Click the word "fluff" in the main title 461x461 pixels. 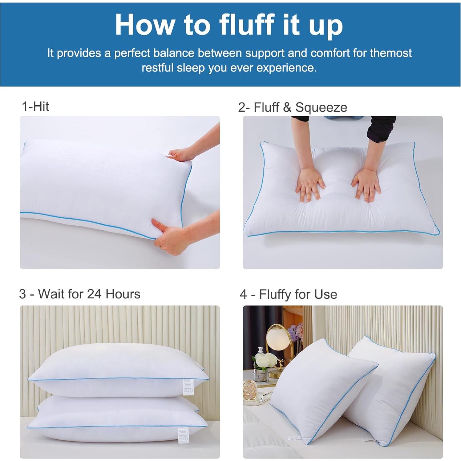(x=246, y=25)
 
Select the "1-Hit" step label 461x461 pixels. (x=35, y=106)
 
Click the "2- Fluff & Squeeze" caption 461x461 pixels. (x=293, y=107)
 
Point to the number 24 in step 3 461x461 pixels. (x=94, y=294)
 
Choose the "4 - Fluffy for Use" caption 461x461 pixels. (x=288, y=294)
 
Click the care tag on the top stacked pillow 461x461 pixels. (x=188, y=387)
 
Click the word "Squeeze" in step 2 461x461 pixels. (x=321, y=107)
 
